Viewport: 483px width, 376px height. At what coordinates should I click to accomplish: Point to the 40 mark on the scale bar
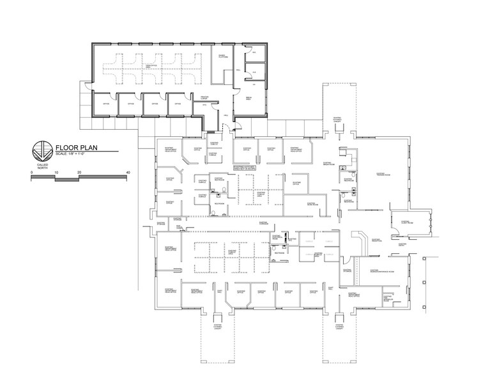tap(128, 173)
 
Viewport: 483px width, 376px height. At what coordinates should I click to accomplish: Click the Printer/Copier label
tap(204, 97)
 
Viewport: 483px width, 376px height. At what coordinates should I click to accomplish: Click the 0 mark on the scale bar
tap(31, 173)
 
